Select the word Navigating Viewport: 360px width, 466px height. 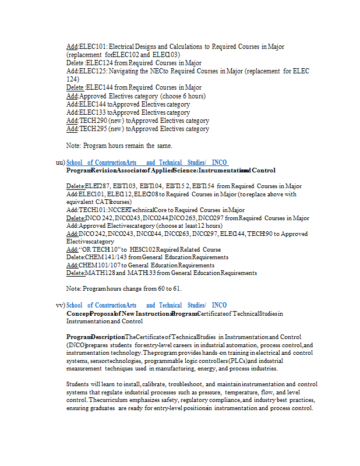125,71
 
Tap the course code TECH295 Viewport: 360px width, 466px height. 92,129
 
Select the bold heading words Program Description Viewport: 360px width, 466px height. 95,337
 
